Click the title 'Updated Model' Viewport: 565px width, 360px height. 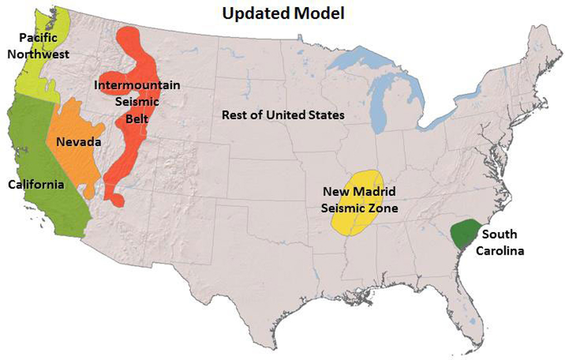point(283,12)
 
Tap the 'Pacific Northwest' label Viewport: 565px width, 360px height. point(38,47)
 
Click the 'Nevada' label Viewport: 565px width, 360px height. point(78,142)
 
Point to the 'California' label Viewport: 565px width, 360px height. point(36,184)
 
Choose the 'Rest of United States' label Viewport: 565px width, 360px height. point(282,115)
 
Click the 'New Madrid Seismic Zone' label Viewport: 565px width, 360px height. point(359,200)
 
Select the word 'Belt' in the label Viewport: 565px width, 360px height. point(137,118)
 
